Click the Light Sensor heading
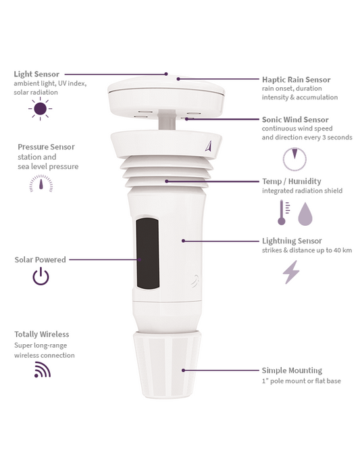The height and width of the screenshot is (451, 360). pos(36,74)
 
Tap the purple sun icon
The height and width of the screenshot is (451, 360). pos(40,108)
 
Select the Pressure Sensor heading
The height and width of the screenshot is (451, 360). pos(46,147)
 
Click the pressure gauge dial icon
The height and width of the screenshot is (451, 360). pos(41,183)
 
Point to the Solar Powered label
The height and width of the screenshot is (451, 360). pos(41,259)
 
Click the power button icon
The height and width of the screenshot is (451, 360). pos(41,276)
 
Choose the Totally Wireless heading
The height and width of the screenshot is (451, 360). pos(42,334)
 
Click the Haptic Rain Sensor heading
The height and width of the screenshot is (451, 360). pos(296,79)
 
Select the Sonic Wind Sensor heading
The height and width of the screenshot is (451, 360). pos(295,120)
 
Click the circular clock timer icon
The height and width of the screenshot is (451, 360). pos(294,160)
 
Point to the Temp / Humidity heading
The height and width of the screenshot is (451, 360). pos(291,181)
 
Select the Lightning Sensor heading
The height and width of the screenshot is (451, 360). pos(292,241)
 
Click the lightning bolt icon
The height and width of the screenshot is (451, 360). pos(291,272)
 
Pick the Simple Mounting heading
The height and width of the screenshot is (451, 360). pos(292,371)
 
